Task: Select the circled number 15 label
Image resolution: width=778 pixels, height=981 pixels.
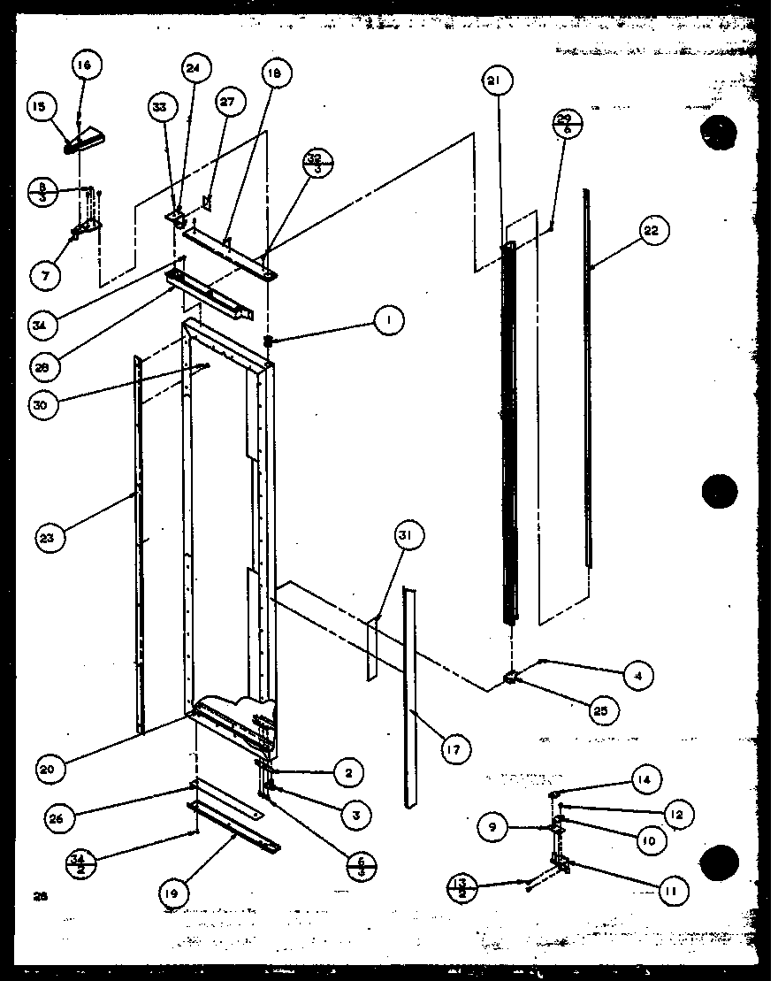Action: tap(40, 108)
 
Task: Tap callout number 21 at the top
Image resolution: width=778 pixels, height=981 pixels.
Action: tap(493, 81)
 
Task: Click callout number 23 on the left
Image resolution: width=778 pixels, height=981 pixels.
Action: tap(51, 537)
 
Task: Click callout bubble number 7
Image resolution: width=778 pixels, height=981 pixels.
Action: tap(44, 275)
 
